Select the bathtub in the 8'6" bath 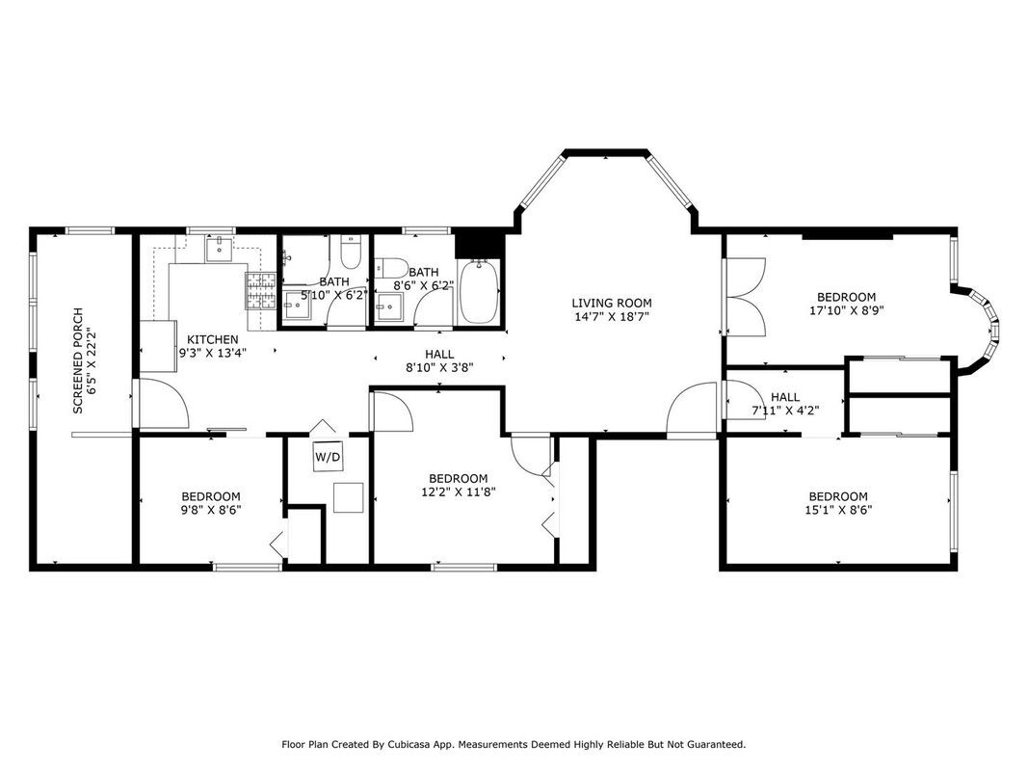coord(479,293)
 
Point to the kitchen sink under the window coord(221,250)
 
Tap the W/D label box coord(328,456)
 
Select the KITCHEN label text coord(213,339)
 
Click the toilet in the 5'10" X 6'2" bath coord(351,253)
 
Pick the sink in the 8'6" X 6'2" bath coord(390,308)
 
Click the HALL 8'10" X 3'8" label coord(439,360)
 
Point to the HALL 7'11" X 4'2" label coord(784,404)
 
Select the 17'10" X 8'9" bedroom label coord(846,304)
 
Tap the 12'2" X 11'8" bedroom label coord(458,485)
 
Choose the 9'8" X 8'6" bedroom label coord(210,503)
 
